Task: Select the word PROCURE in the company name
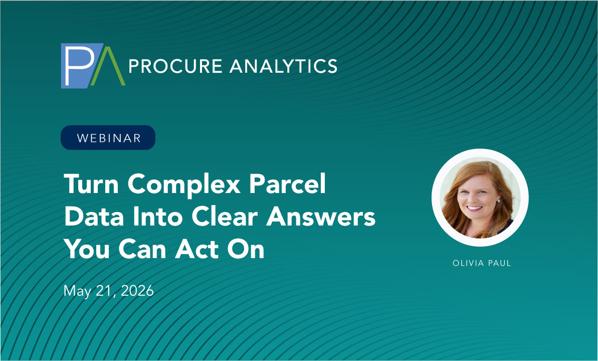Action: pyautogui.click(x=175, y=66)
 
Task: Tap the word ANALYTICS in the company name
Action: pyautogui.click(x=283, y=66)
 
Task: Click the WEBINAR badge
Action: pyautogui.click(x=108, y=137)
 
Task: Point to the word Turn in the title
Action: pyautogui.click(x=92, y=184)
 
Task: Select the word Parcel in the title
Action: pyautogui.click(x=288, y=184)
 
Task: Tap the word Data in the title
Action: pyautogui.click(x=94, y=217)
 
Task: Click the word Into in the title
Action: pyautogui.click(x=158, y=217)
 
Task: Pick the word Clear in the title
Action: pyautogui.click(x=225, y=217)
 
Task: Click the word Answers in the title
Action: pyautogui.click(x=321, y=217)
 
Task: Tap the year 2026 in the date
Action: pyautogui.click(x=137, y=291)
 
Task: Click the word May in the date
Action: pyautogui.click(x=77, y=291)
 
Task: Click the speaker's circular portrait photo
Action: pyautogui.click(x=480, y=198)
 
